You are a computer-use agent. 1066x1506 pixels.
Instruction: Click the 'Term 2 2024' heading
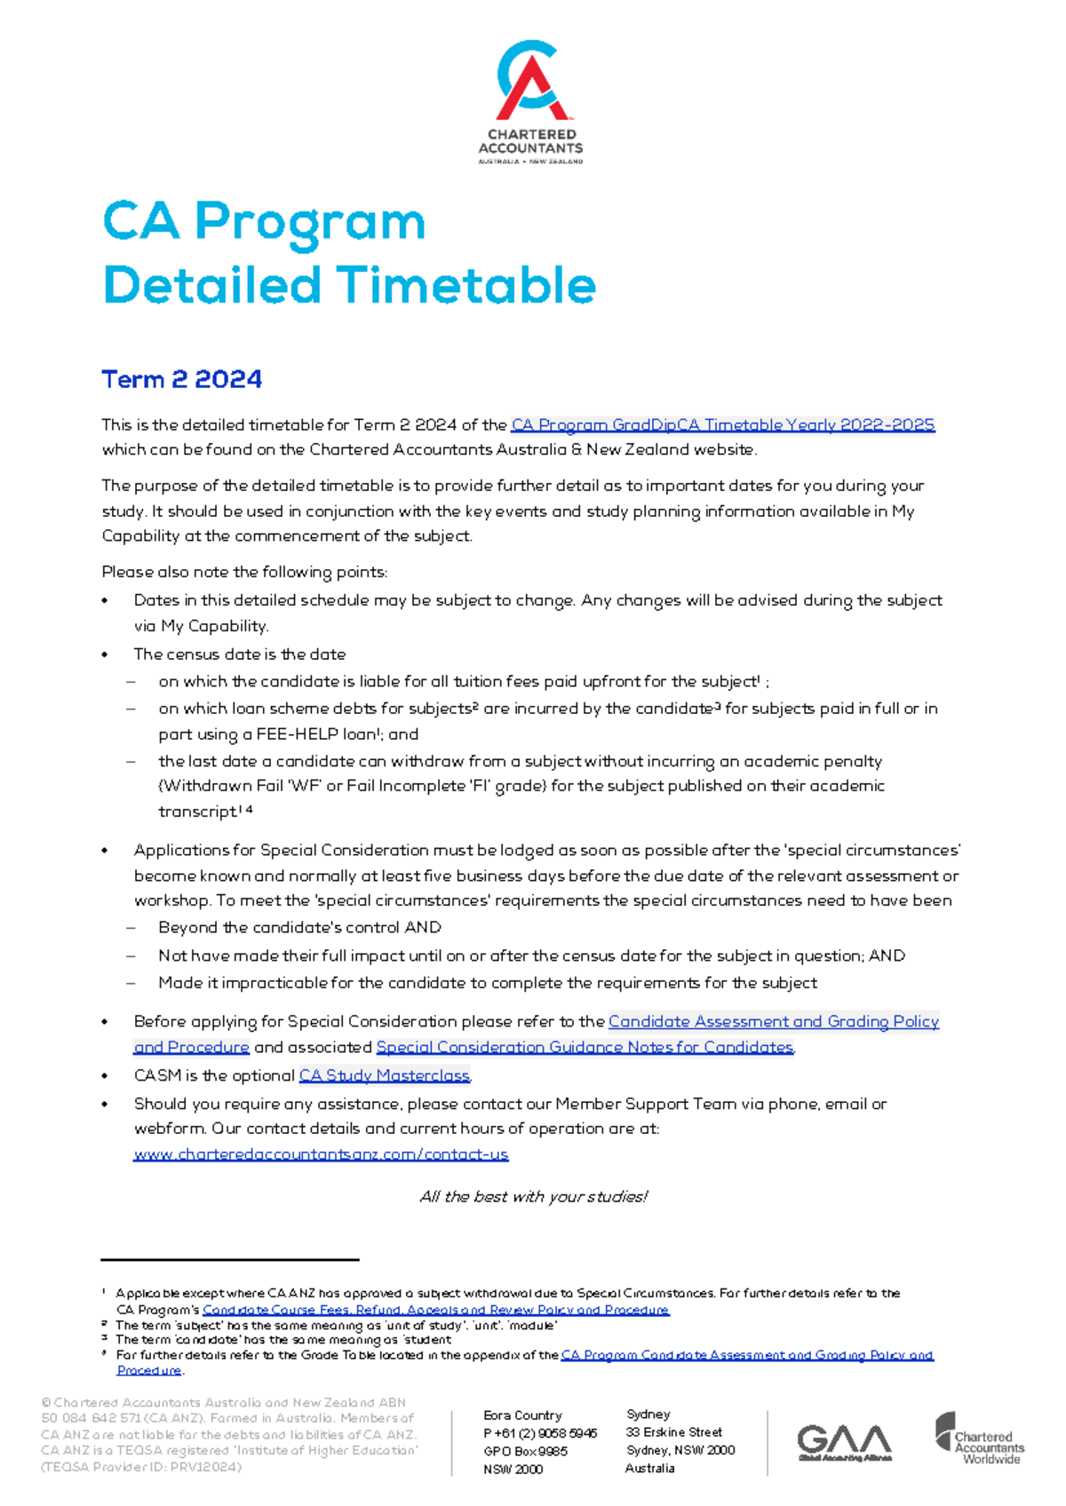(x=181, y=379)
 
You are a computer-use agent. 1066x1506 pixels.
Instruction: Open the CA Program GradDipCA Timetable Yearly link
(x=722, y=425)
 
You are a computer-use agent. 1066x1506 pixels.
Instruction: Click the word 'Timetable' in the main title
(x=467, y=285)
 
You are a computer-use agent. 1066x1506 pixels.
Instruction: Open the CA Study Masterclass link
(x=384, y=1075)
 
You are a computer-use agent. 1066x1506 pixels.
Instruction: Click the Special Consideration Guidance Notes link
(x=584, y=1047)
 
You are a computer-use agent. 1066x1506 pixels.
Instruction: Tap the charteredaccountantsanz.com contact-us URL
(x=321, y=1154)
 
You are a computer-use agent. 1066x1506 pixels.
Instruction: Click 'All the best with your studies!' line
(x=533, y=1197)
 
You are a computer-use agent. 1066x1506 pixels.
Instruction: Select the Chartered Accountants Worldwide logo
(x=979, y=1439)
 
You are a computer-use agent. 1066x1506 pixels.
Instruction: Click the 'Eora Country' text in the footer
(x=522, y=1415)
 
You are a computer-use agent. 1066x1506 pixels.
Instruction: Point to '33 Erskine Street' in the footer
(x=673, y=1432)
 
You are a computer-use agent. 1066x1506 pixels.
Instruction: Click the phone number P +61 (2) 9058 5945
(x=540, y=1433)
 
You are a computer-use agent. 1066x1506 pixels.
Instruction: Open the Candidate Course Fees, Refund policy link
(x=435, y=1310)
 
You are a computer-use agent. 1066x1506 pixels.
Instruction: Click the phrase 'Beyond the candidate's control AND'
(x=299, y=927)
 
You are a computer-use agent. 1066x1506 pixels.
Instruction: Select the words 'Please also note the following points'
(x=244, y=572)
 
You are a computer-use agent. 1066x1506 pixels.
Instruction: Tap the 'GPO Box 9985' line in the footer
(x=525, y=1451)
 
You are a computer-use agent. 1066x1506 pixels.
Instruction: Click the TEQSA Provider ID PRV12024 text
(x=141, y=1467)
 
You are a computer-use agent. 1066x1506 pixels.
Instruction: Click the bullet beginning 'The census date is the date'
(x=239, y=654)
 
